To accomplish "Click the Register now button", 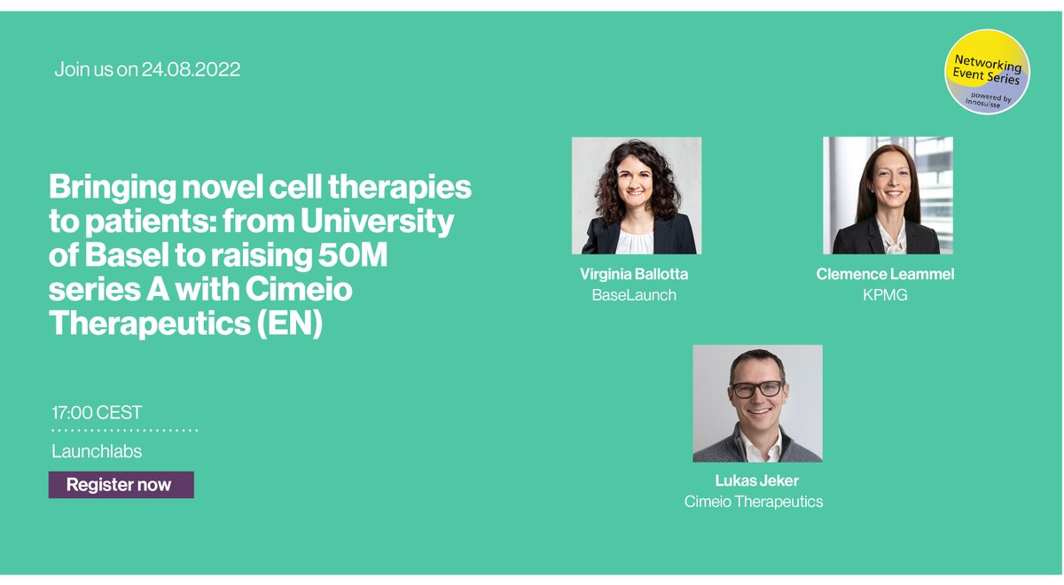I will [121, 485].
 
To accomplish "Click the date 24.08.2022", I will [191, 69].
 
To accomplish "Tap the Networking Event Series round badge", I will [987, 72].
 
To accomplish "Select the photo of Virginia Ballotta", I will [636, 196].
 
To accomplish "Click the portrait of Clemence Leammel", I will [888, 196].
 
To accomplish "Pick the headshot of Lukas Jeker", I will [757, 403].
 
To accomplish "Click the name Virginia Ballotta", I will [633, 275].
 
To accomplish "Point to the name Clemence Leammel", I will [885, 275].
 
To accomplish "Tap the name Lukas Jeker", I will [756, 480].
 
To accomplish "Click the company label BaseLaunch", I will [633, 295].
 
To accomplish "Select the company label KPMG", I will [885, 295].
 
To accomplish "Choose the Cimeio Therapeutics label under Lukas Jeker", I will [754, 502].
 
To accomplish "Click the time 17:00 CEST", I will [97, 413].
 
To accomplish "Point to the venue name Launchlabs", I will [97, 452].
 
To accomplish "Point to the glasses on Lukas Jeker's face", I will [757, 388].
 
